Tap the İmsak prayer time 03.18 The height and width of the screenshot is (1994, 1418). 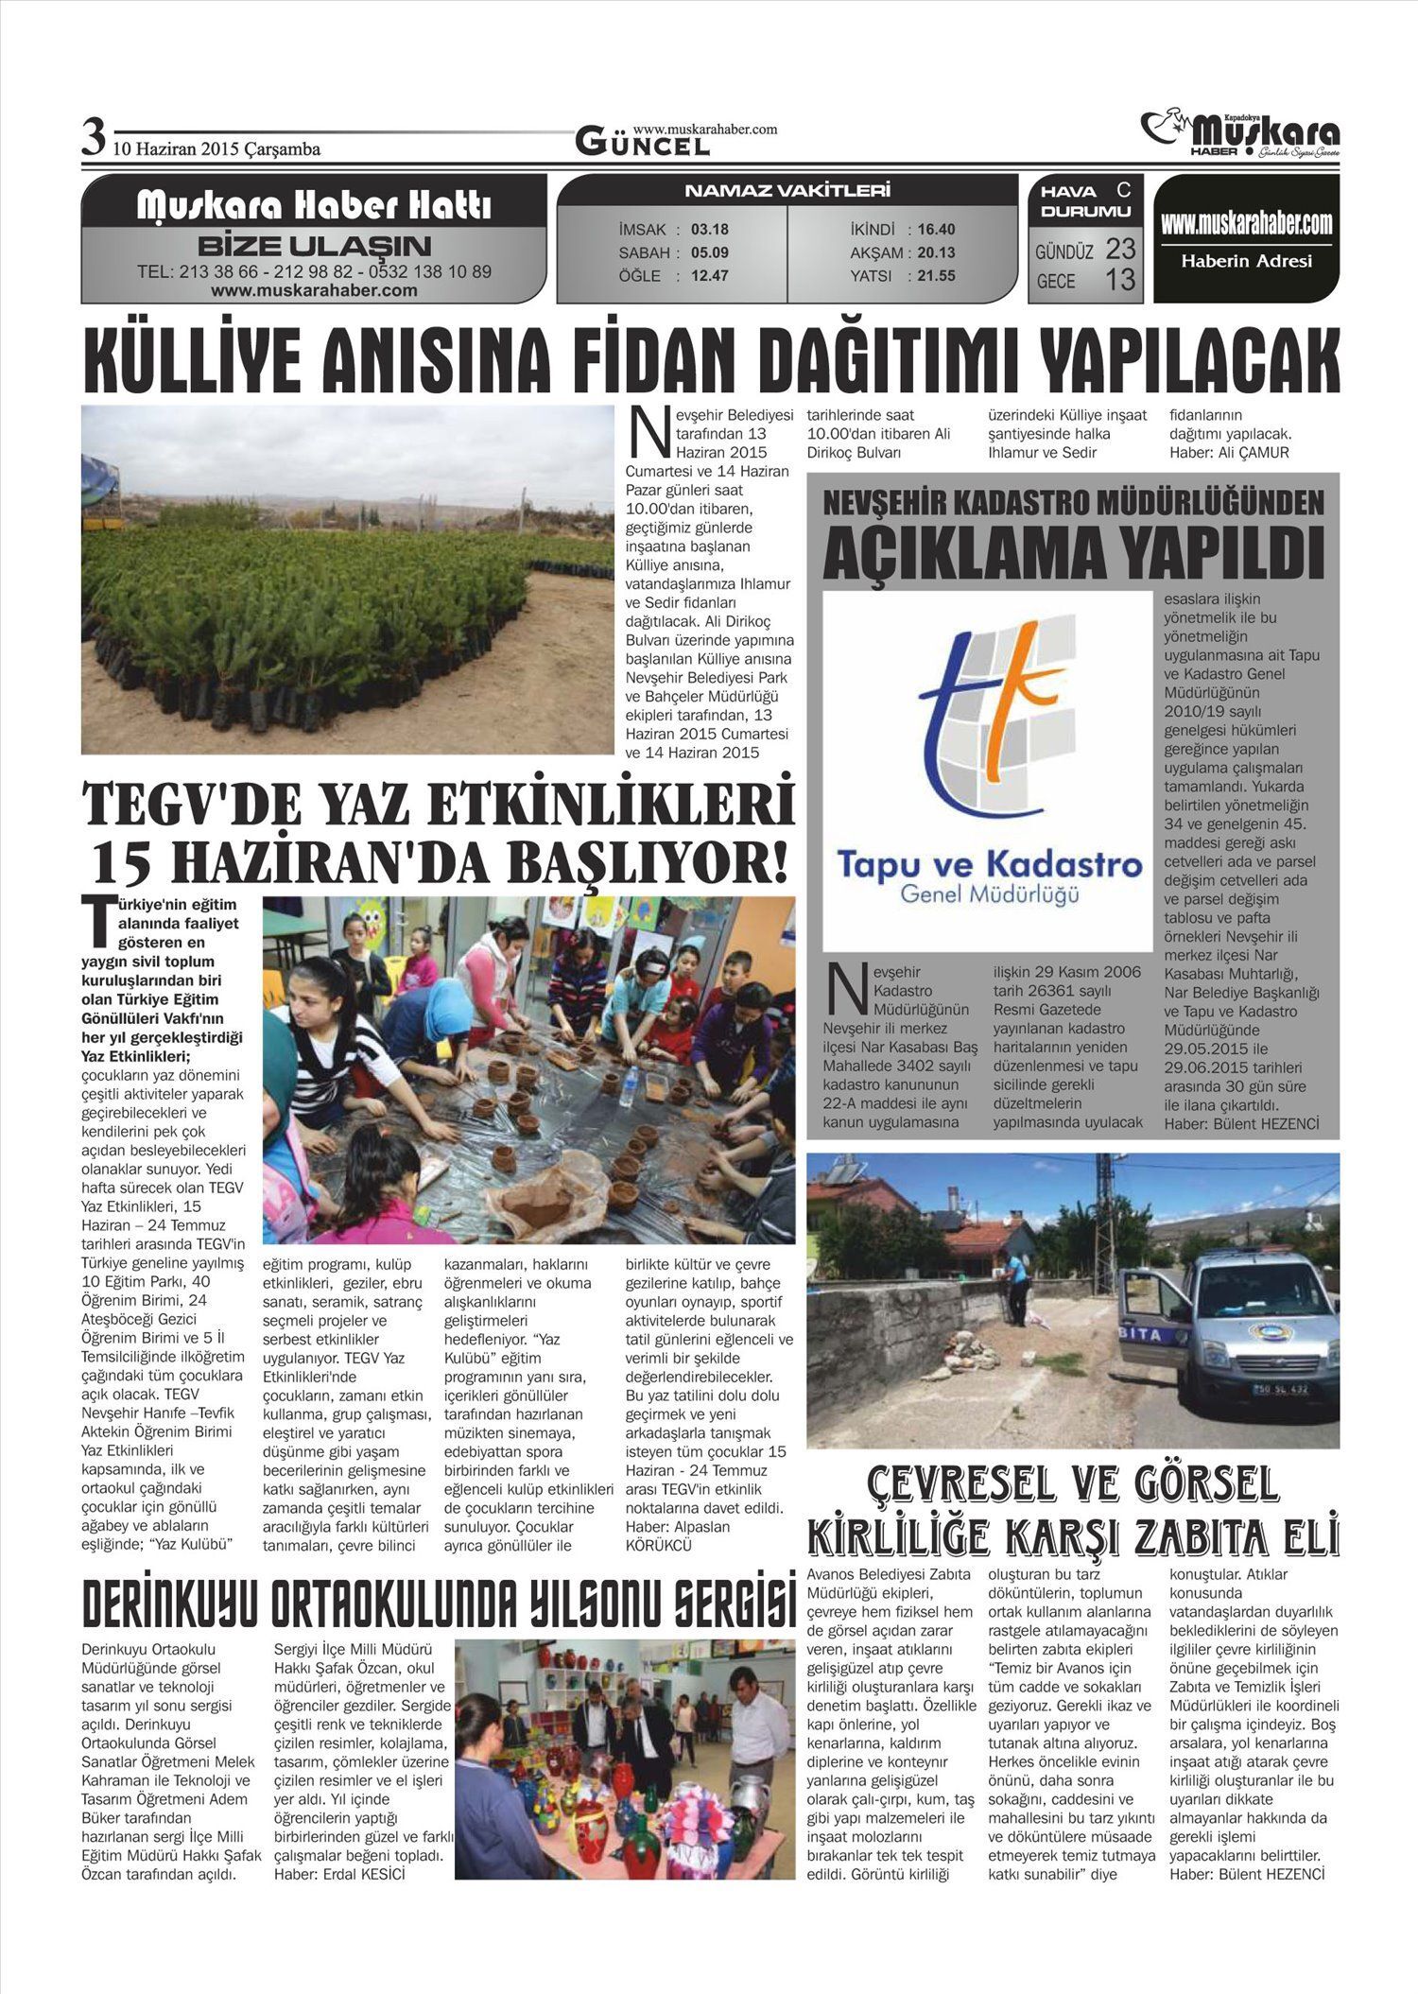click(x=710, y=230)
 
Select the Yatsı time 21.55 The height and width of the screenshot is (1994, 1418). click(x=936, y=276)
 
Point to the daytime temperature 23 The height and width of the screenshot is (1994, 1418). click(x=1120, y=250)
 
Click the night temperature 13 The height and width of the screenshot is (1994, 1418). click(x=1120, y=280)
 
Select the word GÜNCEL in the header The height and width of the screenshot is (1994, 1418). click(x=643, y=145)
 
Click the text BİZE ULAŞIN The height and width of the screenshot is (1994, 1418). click(x=314, y=247)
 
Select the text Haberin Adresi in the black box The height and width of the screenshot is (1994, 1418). click(x=1246, y=262)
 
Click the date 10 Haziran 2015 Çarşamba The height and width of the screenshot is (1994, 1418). click(x=216, y=149)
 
